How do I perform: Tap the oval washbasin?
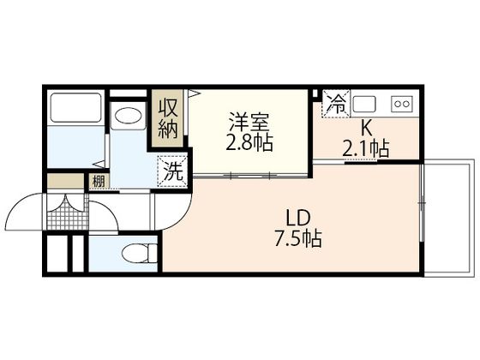129,117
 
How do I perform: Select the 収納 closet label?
166,119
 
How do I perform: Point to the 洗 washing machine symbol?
173,169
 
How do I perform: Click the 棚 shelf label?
98,181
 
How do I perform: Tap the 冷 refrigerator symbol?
336,105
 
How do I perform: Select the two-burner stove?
401,105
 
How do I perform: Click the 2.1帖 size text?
367,149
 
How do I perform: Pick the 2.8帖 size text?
249,143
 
